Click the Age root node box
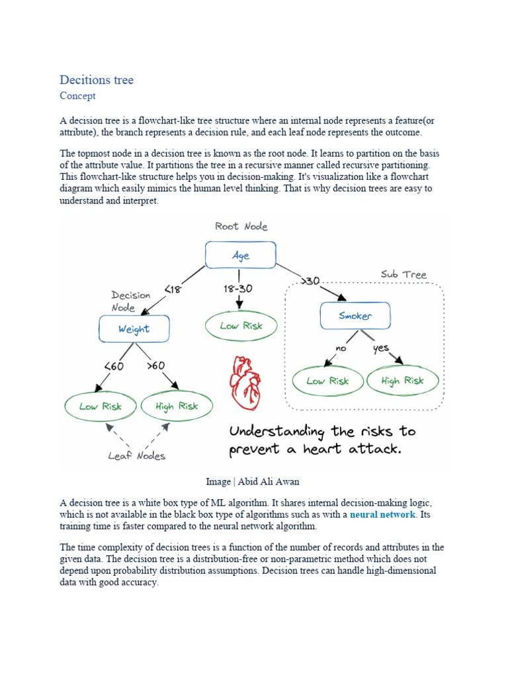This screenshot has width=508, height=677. click(240, 255)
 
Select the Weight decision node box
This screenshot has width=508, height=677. click(134, 329)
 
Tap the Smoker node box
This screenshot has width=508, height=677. click(355, 316)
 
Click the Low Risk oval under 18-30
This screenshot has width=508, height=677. click(241, 325)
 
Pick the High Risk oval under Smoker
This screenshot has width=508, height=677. click(402, 381)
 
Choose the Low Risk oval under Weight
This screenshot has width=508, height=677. click(101, 407)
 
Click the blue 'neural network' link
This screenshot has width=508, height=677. click(383, 514)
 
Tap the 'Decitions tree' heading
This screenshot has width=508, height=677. click(97, 80)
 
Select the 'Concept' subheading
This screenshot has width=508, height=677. click(77, 96)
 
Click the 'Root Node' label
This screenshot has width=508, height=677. click(241, 226)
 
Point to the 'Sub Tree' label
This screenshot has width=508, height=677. click(403, 274)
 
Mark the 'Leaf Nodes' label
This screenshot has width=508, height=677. click(138, 455)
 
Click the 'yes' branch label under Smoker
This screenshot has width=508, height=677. click(382, 348)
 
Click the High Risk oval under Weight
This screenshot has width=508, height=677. click(177, 407)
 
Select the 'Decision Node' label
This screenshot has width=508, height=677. click(132, 301)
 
